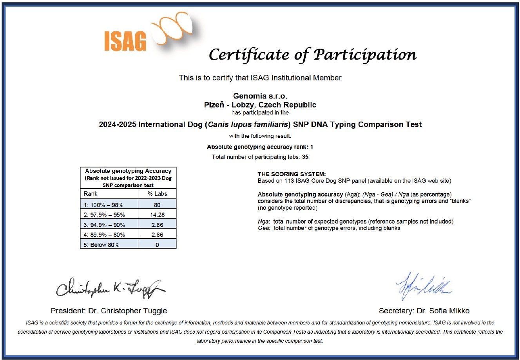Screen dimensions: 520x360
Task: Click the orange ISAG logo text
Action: [x=125, y=41]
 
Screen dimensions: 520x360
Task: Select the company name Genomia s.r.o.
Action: [x=260, y=96]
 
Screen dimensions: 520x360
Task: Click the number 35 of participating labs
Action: [x=305, y=157]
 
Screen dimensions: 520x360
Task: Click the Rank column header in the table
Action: [x=91, y=194]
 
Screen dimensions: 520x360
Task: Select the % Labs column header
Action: [x=157, y=194]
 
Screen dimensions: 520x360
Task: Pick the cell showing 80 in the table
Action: [x=157, y=205]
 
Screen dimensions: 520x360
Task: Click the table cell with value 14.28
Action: [x=157, y=215]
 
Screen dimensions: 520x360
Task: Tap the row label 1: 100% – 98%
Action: [x=103, y=205]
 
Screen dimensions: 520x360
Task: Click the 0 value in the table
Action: [x=157, y=245]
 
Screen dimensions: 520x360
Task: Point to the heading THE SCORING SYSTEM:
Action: [x=292, y=174]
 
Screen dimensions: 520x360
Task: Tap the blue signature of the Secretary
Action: [x=423, y=285]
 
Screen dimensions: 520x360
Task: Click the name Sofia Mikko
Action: [x=450, y=311]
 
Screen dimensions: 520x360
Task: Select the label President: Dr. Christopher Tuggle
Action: [x=109, y=311]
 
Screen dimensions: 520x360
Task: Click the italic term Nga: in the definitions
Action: [x=263, y=222]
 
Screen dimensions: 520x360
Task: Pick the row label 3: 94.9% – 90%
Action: [x=104, y=225]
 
